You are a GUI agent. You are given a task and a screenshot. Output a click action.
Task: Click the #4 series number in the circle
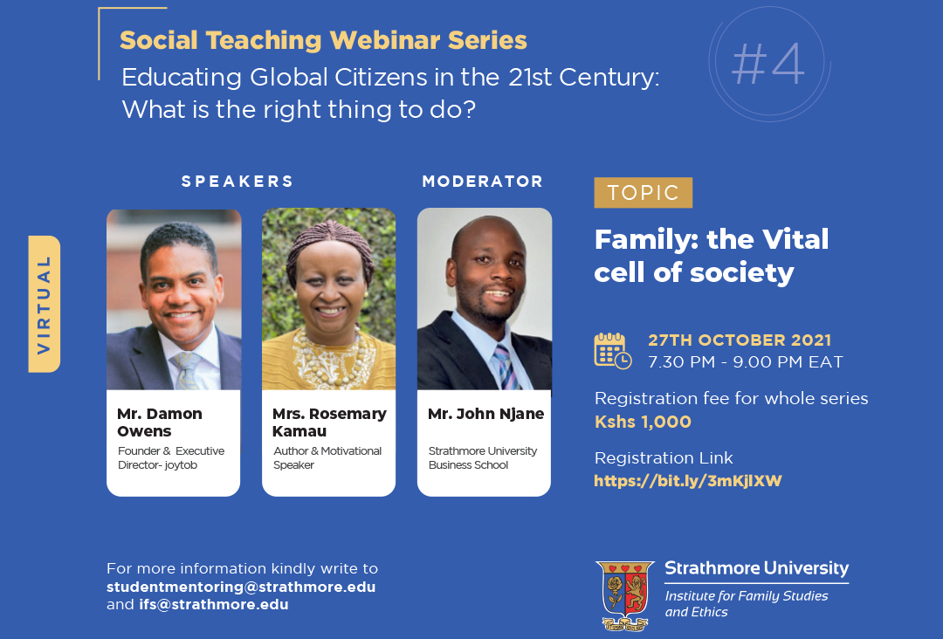768,64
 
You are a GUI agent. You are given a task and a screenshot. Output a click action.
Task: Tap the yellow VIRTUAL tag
44,304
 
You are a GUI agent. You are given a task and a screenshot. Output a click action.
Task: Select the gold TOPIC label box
643,192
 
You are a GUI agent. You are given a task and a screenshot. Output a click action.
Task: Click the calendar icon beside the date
612,350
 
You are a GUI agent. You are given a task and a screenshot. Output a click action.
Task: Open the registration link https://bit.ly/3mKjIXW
687,481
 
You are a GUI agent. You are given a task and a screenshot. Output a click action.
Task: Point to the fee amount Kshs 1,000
643,422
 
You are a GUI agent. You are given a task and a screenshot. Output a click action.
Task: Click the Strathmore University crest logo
625,595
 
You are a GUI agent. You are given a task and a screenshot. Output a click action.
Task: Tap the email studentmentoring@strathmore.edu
241,587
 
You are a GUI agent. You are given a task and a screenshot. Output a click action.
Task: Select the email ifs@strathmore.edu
214,604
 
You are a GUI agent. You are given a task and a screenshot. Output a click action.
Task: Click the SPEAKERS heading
237,182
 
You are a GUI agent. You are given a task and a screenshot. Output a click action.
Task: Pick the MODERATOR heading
482,182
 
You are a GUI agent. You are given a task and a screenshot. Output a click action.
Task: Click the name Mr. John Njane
486,414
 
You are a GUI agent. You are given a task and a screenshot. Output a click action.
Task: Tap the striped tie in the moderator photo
506,367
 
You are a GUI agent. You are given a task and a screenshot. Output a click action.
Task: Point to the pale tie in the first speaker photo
188,370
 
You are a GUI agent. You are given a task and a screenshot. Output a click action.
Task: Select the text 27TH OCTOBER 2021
740,340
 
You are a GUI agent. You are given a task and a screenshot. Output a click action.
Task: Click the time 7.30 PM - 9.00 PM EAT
746,362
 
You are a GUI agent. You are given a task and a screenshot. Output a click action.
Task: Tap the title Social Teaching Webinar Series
324,40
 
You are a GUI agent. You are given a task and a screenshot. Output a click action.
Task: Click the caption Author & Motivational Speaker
327,458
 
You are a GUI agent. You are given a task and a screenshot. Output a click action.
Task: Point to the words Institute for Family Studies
747,595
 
